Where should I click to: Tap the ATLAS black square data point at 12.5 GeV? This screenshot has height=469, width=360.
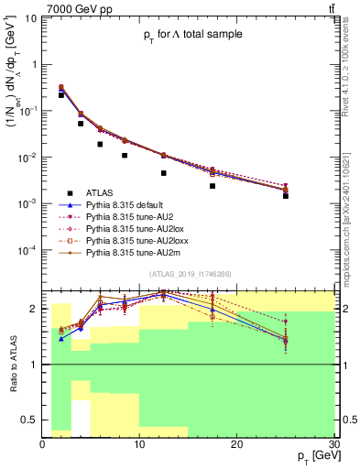pos(164,173)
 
